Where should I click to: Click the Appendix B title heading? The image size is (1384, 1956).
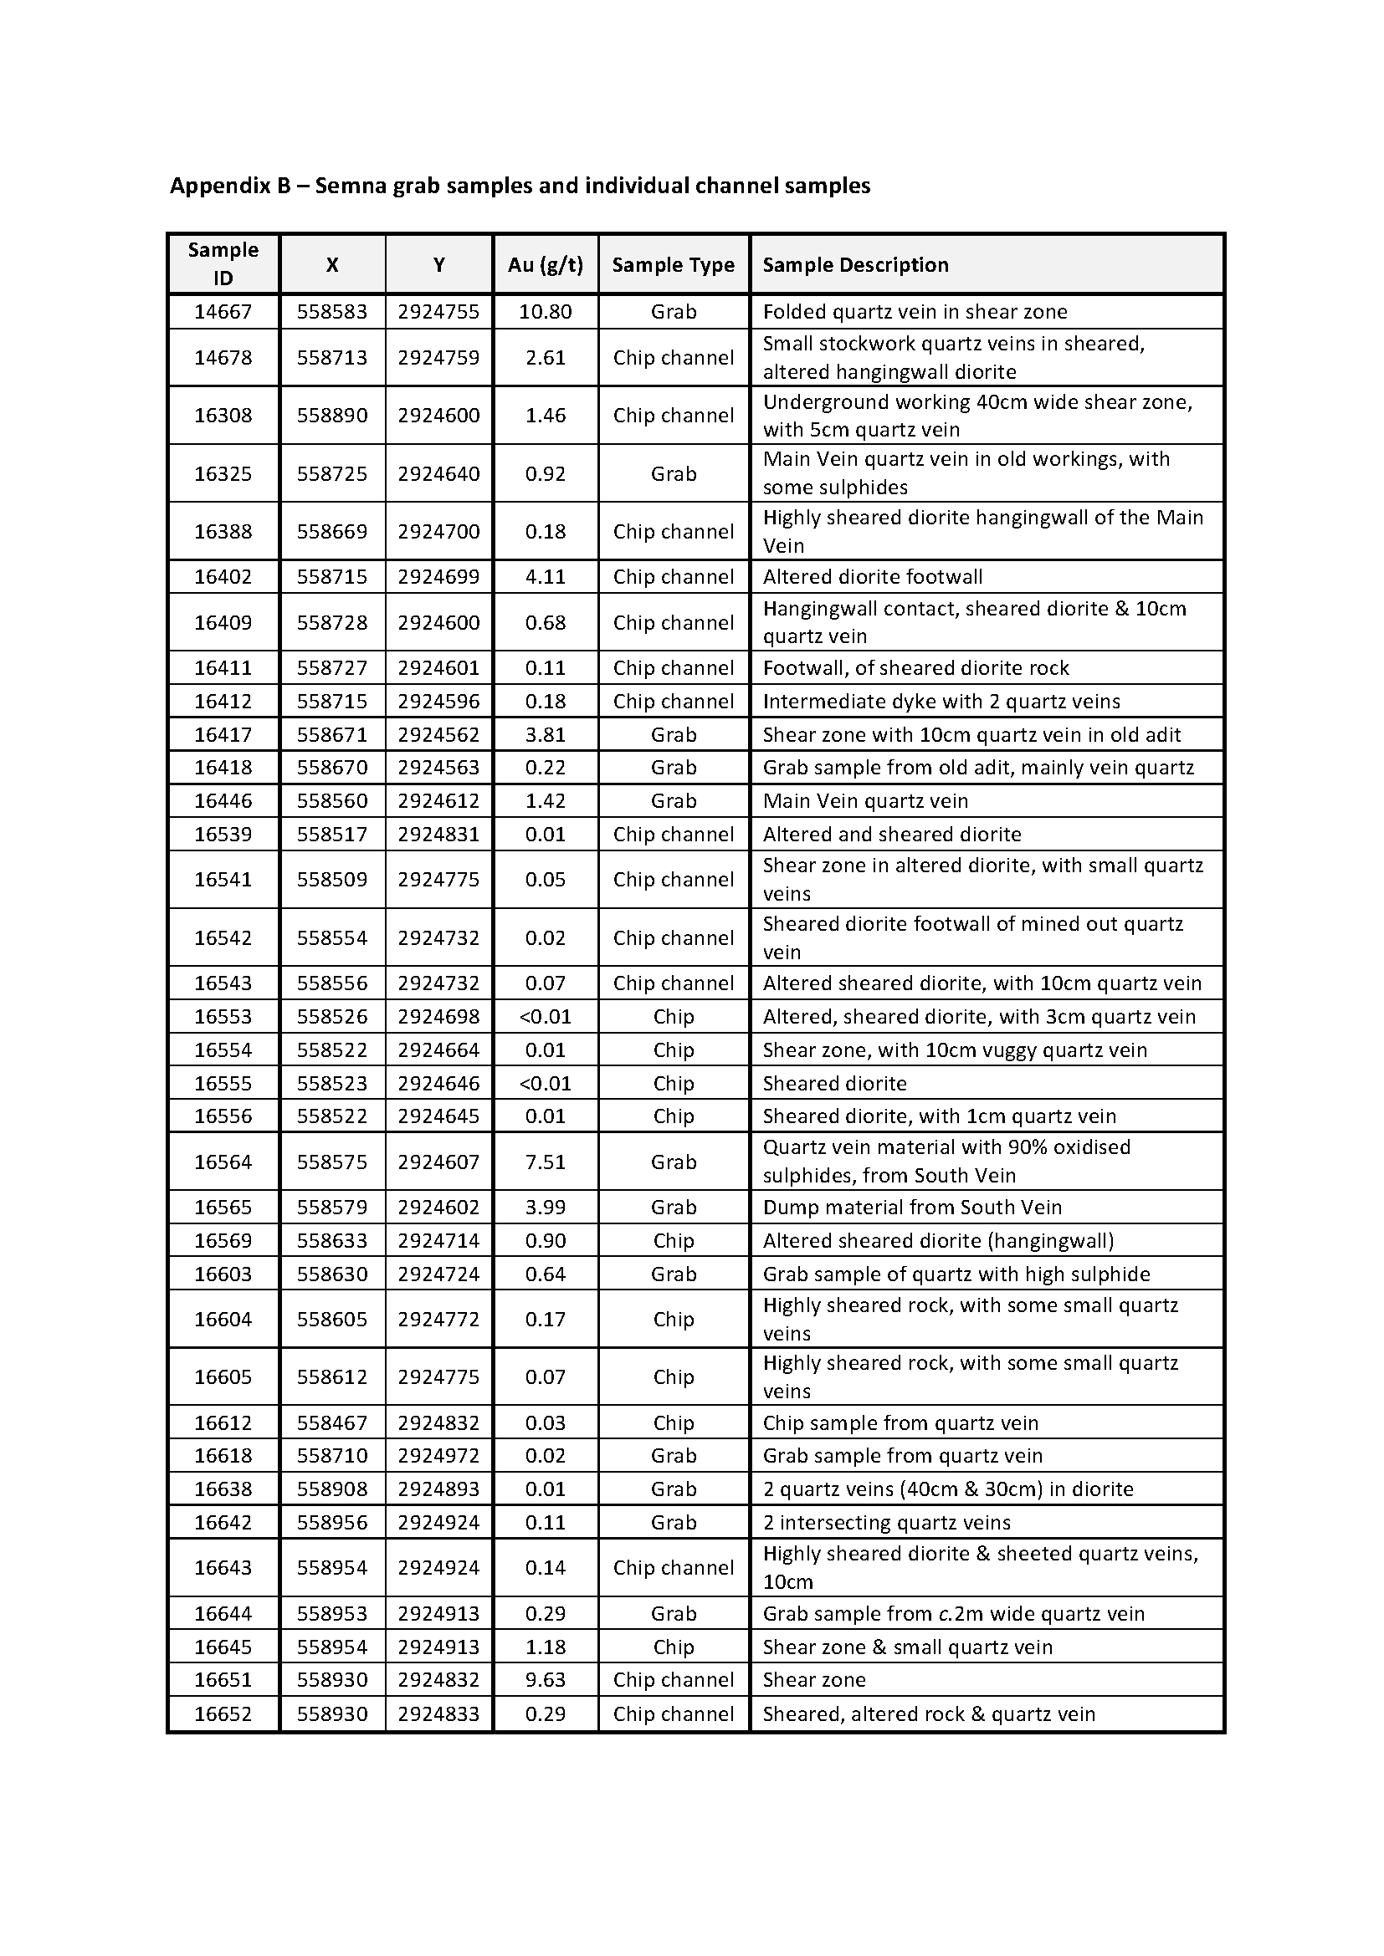[x=520, y=186]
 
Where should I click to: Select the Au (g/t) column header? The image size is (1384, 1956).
[x=546, y=265]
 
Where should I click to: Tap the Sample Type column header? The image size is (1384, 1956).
[x=674, y=265]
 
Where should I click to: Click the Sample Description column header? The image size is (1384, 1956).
[x=856, y=265]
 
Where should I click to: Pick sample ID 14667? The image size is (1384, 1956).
[x=223, y=312]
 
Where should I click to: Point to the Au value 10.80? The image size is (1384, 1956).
[x=546, y=312]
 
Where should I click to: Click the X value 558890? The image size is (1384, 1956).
[x=332, y=416]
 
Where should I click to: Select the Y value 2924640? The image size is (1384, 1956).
[x=439, y=473]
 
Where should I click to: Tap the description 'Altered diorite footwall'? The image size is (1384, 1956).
[x=873, y=577]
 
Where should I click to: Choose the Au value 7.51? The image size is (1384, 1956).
[x=546, y=1162]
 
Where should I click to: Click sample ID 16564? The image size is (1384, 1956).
[x=223, y=1162]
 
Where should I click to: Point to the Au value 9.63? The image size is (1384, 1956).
[x=546, y=1680]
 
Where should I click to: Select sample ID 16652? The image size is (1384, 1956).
[x=223, y=1714]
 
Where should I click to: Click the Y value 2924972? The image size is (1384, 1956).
[x=439, y=1456]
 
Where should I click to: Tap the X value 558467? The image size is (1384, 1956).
[x=332, y=1422]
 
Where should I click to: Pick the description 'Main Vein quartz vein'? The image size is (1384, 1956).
[x=865, y=801]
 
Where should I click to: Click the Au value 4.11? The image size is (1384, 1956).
[x=546, y=577]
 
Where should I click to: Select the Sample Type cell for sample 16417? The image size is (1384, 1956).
[x=674, y=734]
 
